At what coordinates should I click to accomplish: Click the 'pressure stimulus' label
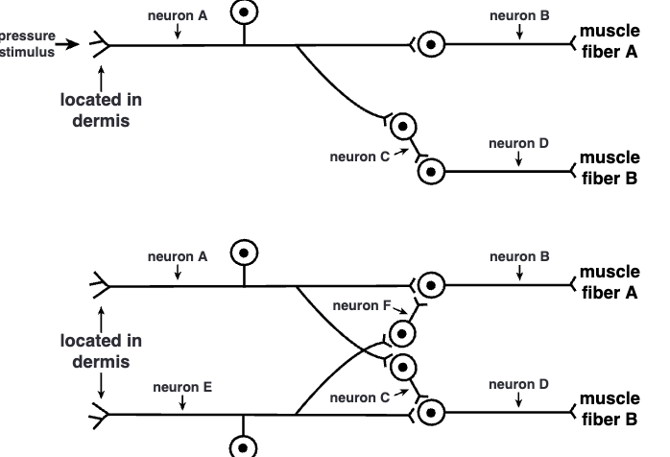pos(28,44)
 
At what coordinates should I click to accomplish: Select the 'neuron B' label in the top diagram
pos(519,15)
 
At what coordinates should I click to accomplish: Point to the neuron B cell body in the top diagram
pos(432,44)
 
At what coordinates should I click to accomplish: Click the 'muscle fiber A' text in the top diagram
pos(610,42)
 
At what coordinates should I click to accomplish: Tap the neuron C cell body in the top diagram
pos(405,126)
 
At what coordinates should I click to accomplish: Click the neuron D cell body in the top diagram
pos(432,172)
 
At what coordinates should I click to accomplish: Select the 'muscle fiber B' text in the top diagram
pos(610,168)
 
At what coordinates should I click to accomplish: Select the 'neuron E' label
pos(181,388)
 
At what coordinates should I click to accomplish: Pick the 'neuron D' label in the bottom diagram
pos(518,384)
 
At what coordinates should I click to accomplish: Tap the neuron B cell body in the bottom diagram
pos(432,285)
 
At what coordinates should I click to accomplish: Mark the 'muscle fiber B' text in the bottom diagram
pos(610,409)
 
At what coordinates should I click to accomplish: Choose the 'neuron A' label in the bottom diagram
pos(178,256)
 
